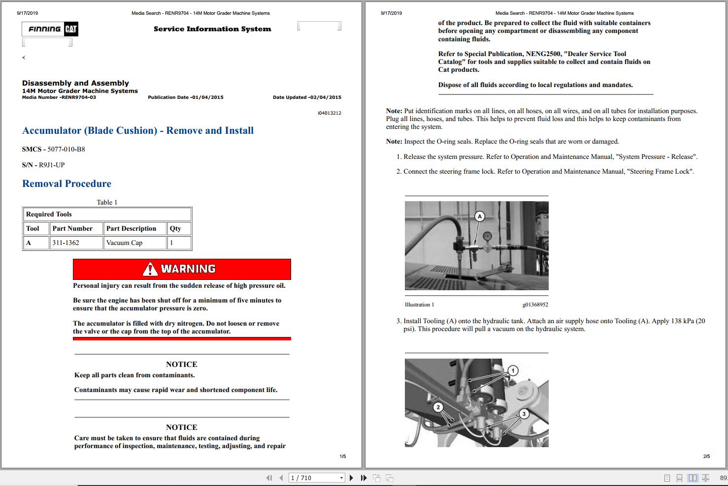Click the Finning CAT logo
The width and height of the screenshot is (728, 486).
coord(50,29)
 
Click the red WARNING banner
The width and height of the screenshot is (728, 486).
coord(182,269)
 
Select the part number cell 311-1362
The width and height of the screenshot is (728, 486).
coord(66,243)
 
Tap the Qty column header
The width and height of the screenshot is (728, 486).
coord(175,228)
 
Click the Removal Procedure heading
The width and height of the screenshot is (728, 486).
coord(66,183)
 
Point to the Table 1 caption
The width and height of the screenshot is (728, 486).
coord(107,202)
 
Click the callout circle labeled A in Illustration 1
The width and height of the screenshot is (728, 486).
coord(480,216)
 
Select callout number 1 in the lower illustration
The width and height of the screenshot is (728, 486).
coord(513,370)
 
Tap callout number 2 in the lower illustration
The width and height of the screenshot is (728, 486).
coord(438,407)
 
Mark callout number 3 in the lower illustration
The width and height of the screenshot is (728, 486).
coord(524,414)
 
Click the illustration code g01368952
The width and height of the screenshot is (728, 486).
coord(535,304)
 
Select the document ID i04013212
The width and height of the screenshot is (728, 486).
coord(329,113)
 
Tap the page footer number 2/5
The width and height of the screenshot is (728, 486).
coord(706,456)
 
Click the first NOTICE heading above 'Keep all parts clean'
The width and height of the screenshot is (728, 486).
coord(181,364)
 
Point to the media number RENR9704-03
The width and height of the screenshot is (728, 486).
coord(78,97)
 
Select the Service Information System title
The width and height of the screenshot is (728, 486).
coord(212,29)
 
